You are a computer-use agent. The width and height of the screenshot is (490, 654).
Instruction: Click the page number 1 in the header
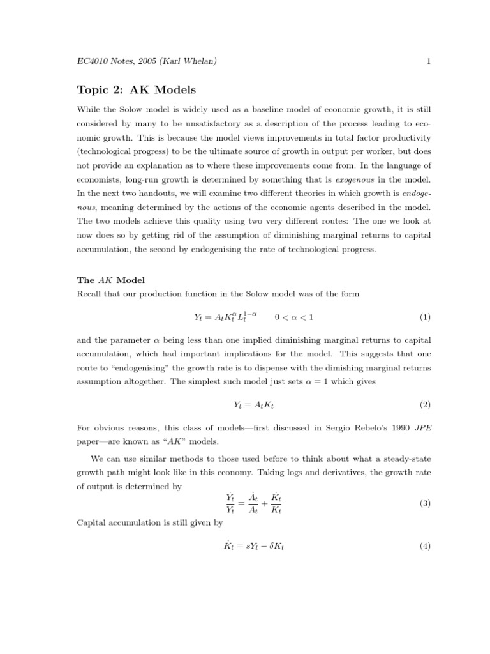click(429, 61)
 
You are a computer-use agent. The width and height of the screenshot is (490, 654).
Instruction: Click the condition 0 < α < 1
click(294, 317)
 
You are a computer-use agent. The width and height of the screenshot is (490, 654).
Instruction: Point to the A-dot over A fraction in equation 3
click(253, 504)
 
